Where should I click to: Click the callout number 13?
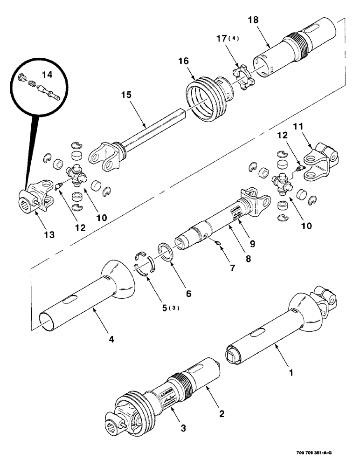(49, 235)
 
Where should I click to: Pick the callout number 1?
(291, 373)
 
